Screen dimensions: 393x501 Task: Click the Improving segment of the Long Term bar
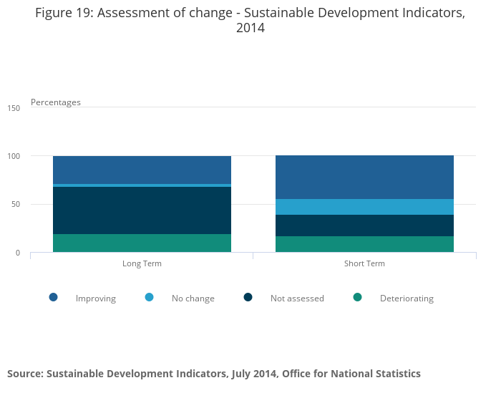point(142,170)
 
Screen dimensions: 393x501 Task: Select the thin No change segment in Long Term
point(142,185)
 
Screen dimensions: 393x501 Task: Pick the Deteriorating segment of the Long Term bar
point(142,243)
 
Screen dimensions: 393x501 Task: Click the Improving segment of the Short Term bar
point(364,177)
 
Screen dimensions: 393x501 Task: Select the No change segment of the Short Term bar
point(364,207)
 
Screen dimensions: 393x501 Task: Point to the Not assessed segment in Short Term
point(364,225)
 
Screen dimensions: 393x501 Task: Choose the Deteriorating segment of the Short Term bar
point(364,244)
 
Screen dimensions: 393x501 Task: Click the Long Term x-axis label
point(142,263)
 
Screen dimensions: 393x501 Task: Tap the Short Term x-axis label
point(364,263)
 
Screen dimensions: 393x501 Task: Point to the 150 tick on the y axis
point(14,108)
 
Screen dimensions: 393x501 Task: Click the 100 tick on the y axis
point(14,156)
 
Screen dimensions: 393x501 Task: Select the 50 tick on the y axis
point(16,205)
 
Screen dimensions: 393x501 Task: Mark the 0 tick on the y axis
point(18,253)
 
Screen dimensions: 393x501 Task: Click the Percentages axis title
point(55,102)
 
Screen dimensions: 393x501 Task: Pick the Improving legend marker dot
point(53,297)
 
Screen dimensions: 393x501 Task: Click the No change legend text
point(193,299)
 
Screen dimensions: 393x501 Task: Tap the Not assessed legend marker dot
point(248,297)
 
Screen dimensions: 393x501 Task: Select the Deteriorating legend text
point(407,299)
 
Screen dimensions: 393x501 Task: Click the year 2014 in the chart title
point(250,29)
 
